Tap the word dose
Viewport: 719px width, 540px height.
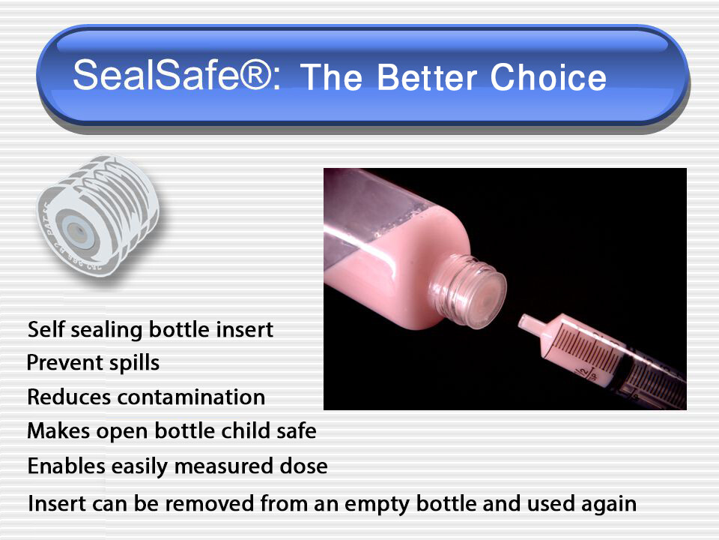(304, 466)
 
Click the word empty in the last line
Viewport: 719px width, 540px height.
(372, 503)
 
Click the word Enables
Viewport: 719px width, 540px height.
(66, 466)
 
